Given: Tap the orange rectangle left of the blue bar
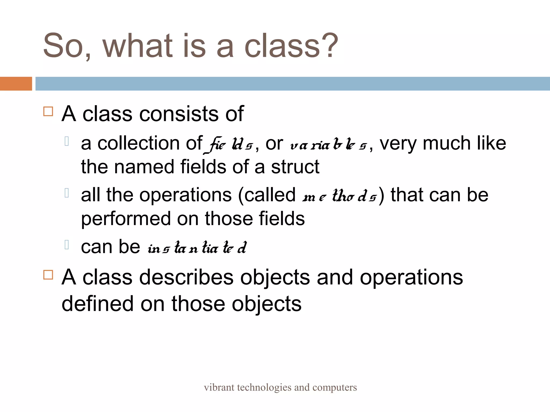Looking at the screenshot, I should pyautogui.click(x=16, y=84).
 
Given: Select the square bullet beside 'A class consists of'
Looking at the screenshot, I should pyautogui.click(x=48, y=111).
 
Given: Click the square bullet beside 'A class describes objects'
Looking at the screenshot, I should pyautogui.click(x=48, y=275).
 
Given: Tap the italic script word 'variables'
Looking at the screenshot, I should pyautogui.click(x=329, y=145).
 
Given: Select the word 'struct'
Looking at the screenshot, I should pyautogui.click(x=295, y=167).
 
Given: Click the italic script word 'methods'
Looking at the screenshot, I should pyautogui.click(x=339, y=196).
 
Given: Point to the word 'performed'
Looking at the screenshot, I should pyautogui.click(x=126, y=218).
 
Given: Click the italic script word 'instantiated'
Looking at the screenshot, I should pyautogui.click(x=197, y=248).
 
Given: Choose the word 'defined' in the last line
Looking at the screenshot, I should pyautogui.click(x=97, y=304).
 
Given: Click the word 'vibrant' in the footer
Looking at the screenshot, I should pyautogui.click(x=219, y=387).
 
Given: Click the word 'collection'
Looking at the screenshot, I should pyautogui.click(x=139, y=143).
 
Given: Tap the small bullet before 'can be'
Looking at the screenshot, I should pyautogui.click(x=67, y=244).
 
